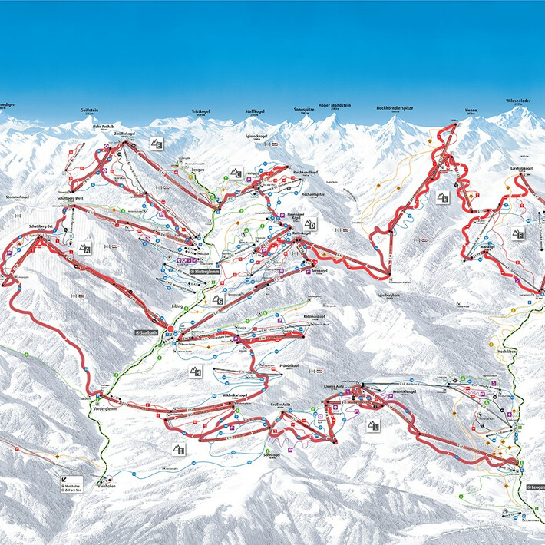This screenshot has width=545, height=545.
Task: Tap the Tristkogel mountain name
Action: (x=200, y=112)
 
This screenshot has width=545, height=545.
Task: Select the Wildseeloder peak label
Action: (x=519, y=101)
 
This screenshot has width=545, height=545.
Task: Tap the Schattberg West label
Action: (x=68, y=198)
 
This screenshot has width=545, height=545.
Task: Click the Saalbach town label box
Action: (x=146, y=332)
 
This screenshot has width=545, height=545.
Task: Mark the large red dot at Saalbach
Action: (x=170, y=329)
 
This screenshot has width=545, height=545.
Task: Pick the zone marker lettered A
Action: (x=84, y=248)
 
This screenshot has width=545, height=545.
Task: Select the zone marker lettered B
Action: (x=156, y=144)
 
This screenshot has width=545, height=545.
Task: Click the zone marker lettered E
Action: (x=442, y=197)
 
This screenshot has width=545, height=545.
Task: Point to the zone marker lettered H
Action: (x=195, y=372)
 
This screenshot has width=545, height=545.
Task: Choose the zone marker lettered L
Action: (x=373, y=424)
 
